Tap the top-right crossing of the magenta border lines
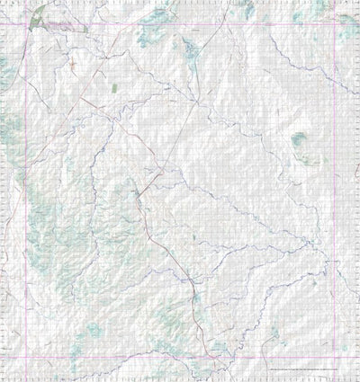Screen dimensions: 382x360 point(335,26)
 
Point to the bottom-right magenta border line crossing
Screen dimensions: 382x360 point(335,358)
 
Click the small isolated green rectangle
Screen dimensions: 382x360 point(115,88)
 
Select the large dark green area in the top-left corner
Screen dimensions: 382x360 point(40,17)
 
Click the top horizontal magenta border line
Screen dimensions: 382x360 point(180,26)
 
